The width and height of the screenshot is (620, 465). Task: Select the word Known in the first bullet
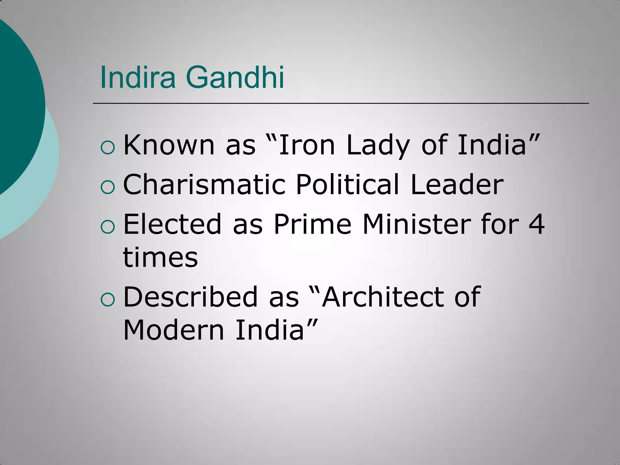(169, 145)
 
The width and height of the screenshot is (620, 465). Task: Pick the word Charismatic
(204, 184)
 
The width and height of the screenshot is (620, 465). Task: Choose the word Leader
(457, 184)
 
